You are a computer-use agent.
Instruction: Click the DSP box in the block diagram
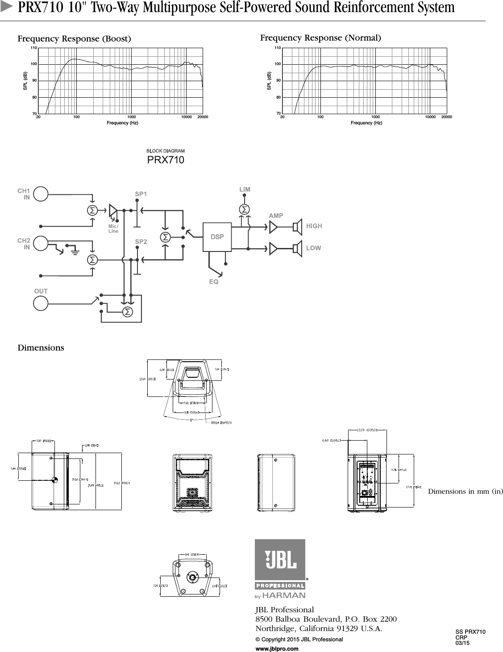[217, 236]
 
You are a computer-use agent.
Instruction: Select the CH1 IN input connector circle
[41, 194]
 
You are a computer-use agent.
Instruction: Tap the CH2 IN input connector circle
[41, 243]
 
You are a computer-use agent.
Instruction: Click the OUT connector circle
[41, 303]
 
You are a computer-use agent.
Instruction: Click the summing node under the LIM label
[244, 209]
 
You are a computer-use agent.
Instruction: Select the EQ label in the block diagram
[214, 282]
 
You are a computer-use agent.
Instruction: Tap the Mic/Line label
[113, 229]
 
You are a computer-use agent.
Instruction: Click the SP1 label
[141, 194]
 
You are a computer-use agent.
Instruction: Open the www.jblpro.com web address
[277, 648]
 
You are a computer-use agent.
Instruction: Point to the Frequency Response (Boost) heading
[74, 39]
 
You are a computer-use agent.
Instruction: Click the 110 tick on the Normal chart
[278, 48]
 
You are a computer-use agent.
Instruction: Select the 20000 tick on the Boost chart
[203, 117]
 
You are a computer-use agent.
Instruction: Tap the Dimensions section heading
[41, 347]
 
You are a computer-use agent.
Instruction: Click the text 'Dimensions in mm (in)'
[465, 491]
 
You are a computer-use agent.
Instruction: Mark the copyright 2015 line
[299, 639]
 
